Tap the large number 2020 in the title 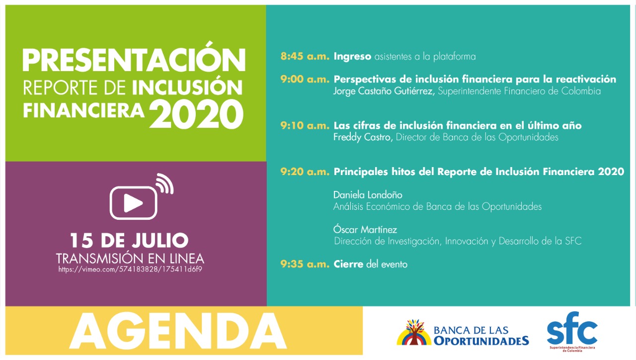tap(196, 114)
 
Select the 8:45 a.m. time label tap(305, 57)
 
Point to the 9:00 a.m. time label tap(305, 80)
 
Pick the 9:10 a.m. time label tap(305, 126)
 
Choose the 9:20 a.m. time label tap(305, 172)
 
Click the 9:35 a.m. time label tap(305, 265)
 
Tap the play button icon tap(134, 202)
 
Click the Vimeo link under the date tap(130, 270)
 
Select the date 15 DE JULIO tap(129, 241)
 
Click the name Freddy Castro tap(363, 137)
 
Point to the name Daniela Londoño tap(361, 195)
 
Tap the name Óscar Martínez tap(358, 230)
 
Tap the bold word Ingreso tap(352, 57)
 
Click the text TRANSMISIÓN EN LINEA tap(130, 259)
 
